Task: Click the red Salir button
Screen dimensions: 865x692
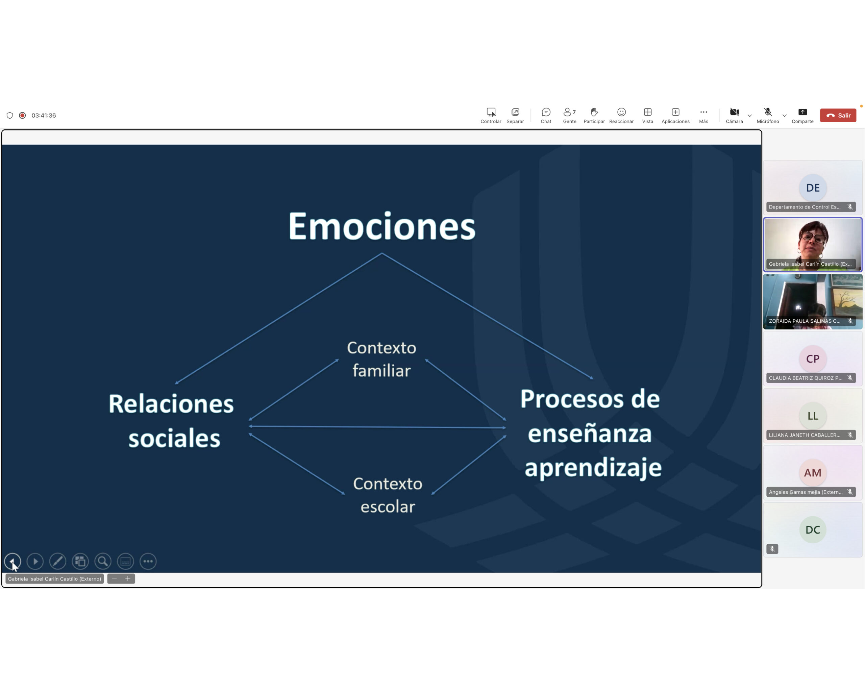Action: (x=838, y=115)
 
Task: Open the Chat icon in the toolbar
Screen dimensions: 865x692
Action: (x=546, y=112)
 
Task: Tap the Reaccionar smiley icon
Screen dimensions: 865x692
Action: (x=621, y=112)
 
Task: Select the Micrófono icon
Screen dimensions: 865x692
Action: (x=767, y=112)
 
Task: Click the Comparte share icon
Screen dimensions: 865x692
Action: (x=802, y=112)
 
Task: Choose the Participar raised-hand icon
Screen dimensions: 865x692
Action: (x=594, y=112)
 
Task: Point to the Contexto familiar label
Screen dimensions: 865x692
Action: (x=381, y=359)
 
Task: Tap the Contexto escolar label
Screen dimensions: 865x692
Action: (x=388, y=495)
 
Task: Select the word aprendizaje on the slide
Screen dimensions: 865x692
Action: (x=593, y=468)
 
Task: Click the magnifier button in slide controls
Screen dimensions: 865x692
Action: (x=103, y=561)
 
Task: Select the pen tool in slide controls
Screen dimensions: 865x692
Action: (x=57, y=561)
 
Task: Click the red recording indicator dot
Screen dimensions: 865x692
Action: (x=22, y=115)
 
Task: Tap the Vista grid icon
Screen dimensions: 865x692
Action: (x=647, y=112)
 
